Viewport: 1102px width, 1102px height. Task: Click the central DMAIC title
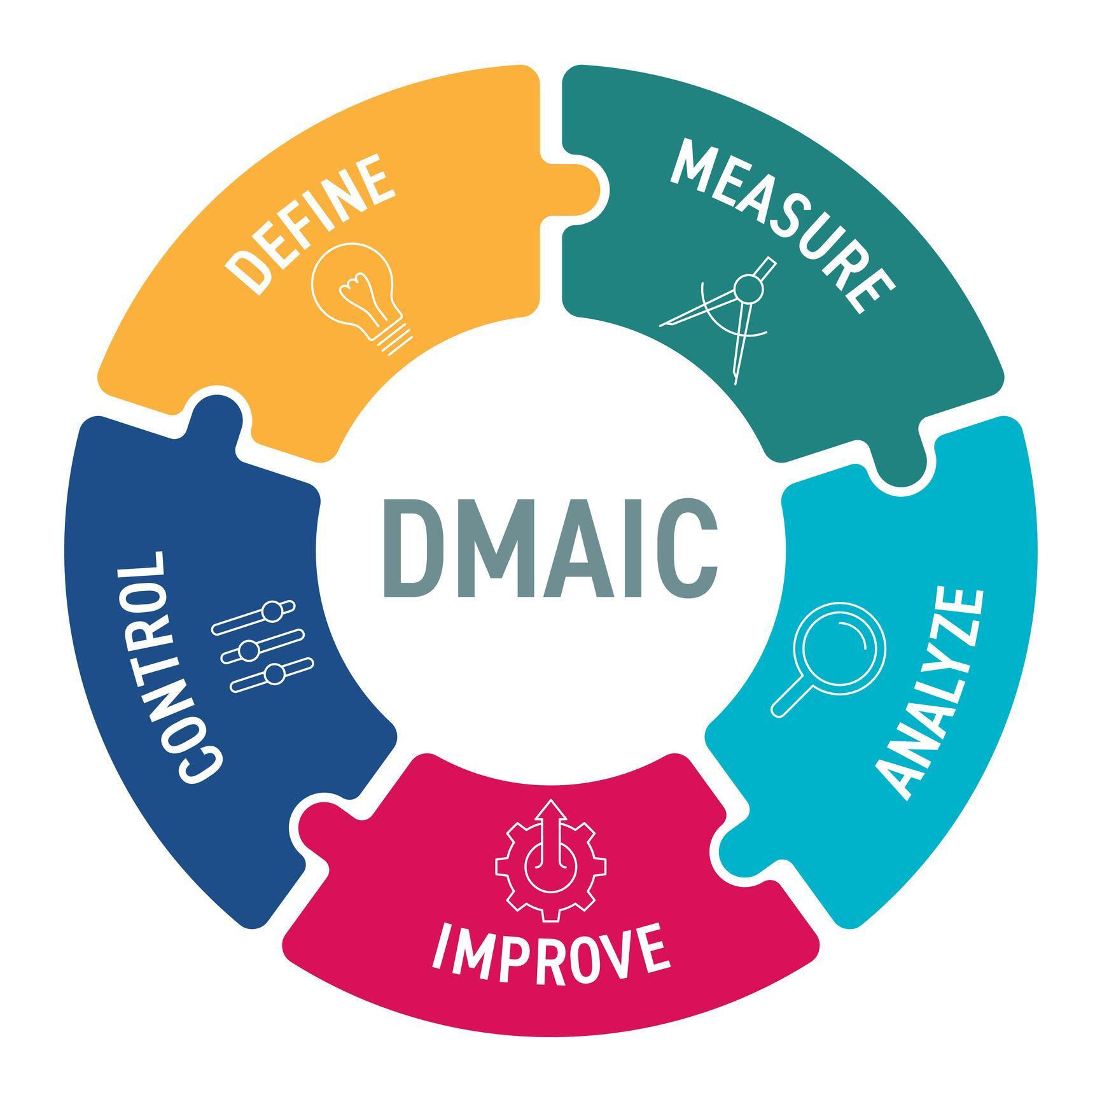pyautogui.click(x=550, y=548)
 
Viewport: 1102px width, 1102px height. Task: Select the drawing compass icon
pyautogui.click(x=719, y=318)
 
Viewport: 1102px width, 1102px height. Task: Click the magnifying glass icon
pyautogui.click(x=827, y=658)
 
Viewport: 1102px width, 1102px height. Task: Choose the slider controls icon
pyautogui.click(x=263, y=646)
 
